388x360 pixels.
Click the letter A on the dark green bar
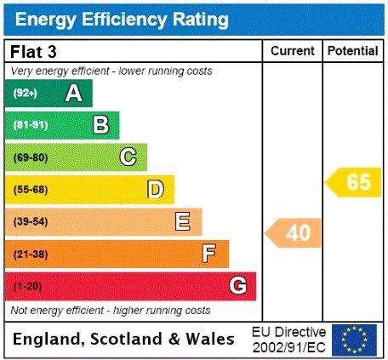click(x=74, y=94)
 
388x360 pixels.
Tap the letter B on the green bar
click(x=101, y=125)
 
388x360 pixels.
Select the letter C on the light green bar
click(x=128, y=157)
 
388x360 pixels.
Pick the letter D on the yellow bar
click(x=156, y=189)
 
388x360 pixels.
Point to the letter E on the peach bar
click(x=183, y=221)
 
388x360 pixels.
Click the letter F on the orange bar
click(x=209, y=254)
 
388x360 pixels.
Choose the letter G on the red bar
click(x=237, y=285)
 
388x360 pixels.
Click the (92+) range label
click(x=26, y=93)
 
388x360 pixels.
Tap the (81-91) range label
click(x=31, y=125)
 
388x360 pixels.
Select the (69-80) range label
click(x=31, y=157)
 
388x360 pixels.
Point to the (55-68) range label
click(x=31, y=190)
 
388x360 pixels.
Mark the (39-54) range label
click(x=31, y=221)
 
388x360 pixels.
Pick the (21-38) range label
click(x=31, y=254)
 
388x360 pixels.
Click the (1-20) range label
click(x=28, y=286)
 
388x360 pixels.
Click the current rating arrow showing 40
click(x=293, y=233)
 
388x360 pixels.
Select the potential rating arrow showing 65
click(x=353, y=182)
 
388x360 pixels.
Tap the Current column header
click(x=293, y=51)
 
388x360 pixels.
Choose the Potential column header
click(x=353, y=51)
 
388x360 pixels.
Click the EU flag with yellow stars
click(x=354, y=340)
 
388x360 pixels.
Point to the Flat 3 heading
click(x=33, y=52)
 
